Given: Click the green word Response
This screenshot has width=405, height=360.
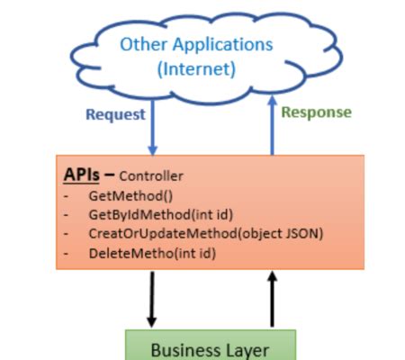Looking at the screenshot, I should tap(316, 112).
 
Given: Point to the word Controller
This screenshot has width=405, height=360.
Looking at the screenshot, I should tap(150, 175).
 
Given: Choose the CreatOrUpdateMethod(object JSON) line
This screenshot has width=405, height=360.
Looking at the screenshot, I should tap(205, 234).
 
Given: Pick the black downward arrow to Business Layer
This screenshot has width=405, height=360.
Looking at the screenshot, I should tap(151, 299).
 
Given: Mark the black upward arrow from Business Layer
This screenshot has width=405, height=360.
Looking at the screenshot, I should tap(271, 299).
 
